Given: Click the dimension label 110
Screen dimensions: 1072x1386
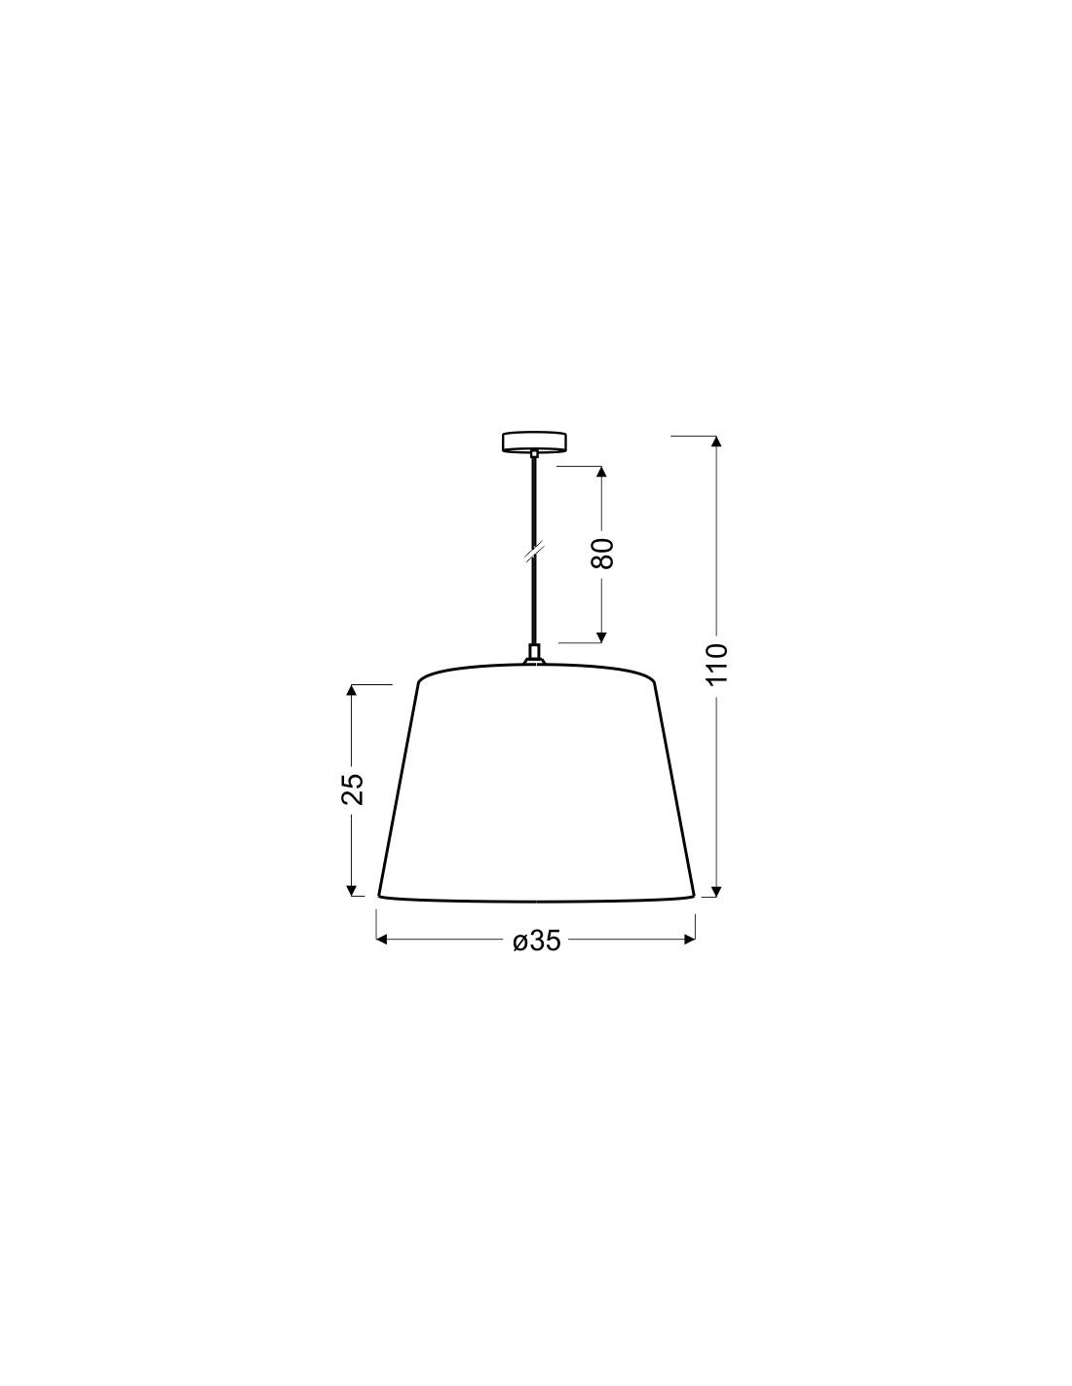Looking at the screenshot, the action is tap(717, 664).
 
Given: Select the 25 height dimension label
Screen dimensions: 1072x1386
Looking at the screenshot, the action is tap(353, 789).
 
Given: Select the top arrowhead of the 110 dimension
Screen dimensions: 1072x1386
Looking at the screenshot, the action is tap(717, 441).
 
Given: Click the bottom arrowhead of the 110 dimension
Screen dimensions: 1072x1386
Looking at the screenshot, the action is tap(717, 891).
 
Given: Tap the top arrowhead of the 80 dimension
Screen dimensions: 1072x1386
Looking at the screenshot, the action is tap(601, 472).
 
